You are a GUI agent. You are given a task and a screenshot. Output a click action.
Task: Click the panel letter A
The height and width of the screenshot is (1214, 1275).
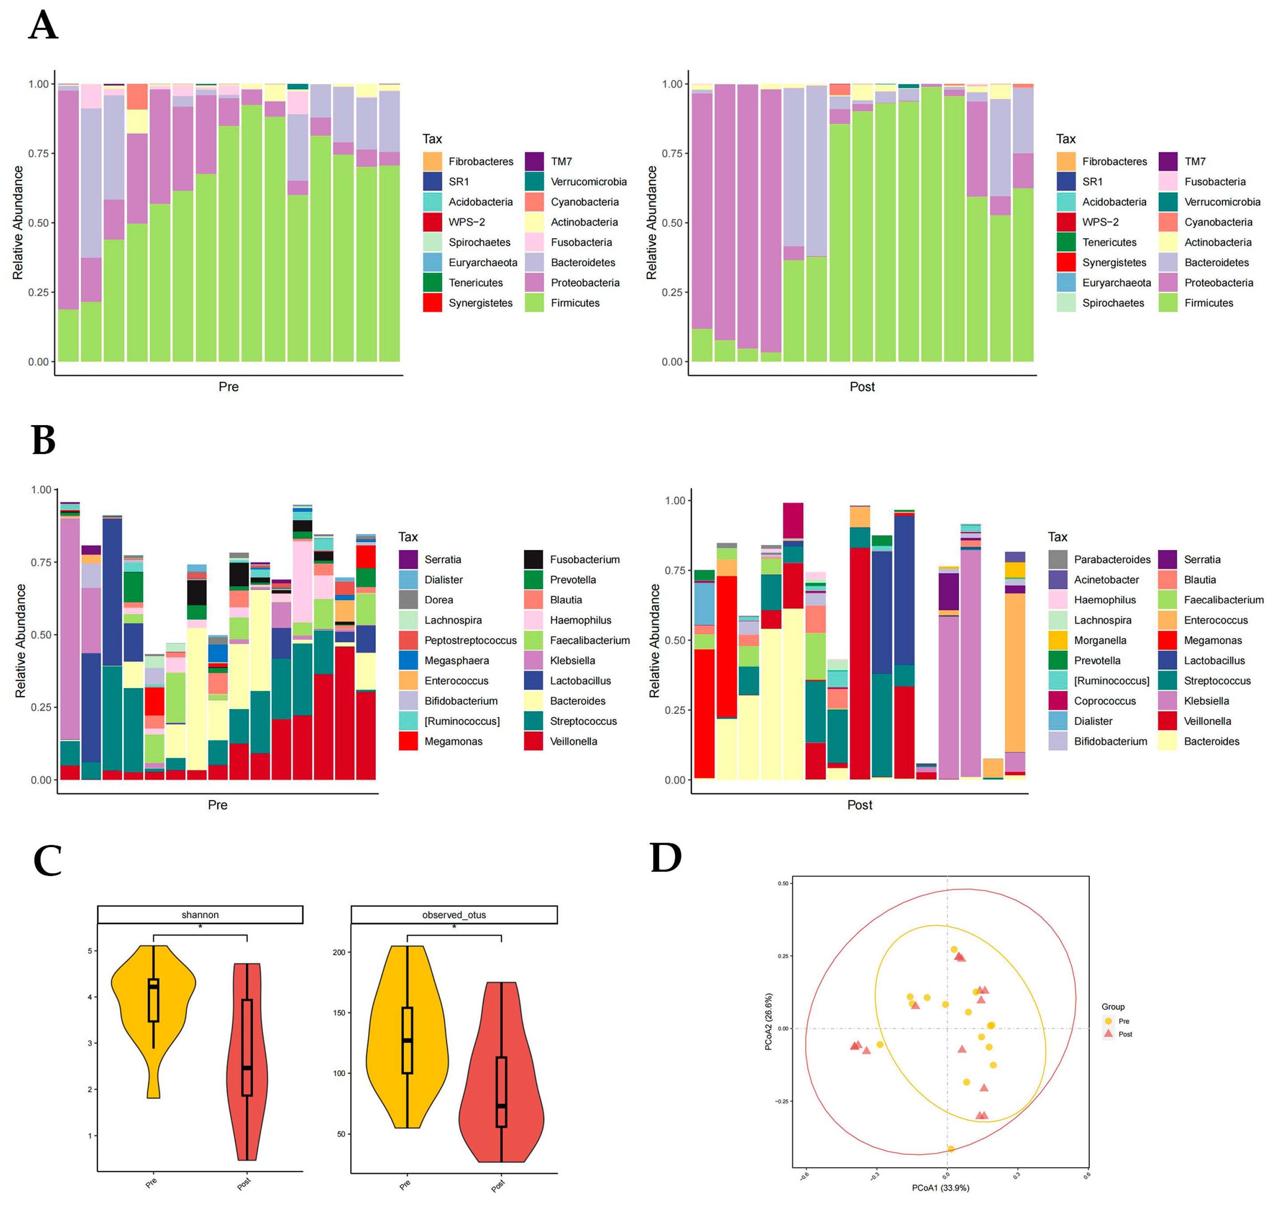(44, 26)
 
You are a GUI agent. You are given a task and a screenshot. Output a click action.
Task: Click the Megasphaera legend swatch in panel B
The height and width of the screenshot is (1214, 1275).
(408, 660)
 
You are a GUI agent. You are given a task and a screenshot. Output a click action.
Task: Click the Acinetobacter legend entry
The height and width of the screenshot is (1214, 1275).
(1106, 579)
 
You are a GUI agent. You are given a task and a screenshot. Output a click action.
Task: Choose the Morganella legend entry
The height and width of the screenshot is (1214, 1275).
(1100, 640)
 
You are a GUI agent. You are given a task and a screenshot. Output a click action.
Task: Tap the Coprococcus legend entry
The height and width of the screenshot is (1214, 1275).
(1104, 701)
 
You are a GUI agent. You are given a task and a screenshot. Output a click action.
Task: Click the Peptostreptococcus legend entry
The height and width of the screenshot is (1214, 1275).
(470, 640)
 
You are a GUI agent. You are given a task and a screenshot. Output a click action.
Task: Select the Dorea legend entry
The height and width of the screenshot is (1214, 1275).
(438, 600)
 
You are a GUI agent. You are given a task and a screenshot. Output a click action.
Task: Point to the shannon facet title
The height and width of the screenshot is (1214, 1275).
(200, 914)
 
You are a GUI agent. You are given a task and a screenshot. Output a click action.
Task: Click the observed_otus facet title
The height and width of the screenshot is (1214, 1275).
(454, 914)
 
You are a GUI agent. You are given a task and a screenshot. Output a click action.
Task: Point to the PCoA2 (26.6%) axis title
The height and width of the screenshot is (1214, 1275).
(768, 1022)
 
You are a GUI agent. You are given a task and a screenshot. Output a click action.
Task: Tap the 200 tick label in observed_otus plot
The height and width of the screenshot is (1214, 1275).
(339, 952)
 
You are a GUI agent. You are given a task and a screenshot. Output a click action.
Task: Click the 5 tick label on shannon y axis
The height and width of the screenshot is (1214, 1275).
(90, 951)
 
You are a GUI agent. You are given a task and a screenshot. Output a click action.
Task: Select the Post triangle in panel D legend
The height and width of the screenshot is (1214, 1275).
(1108, 1034)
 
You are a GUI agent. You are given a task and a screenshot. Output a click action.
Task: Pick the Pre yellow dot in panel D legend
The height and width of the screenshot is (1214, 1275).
(1108, 1020)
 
